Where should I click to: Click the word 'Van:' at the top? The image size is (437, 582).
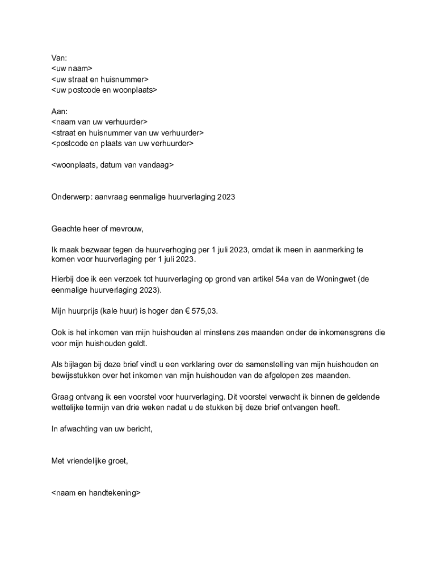click(59, 57)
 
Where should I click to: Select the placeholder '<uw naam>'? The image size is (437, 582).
click(72, 68)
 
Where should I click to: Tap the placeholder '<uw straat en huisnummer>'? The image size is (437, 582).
click(100, 79)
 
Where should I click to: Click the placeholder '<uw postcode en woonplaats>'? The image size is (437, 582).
click(104, 90)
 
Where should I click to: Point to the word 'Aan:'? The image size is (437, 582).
click(59, 111)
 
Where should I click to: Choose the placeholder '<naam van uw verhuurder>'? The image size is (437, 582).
click(99, 122)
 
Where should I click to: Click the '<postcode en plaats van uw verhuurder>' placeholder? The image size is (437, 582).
click(122, 144)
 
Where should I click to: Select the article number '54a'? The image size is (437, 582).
click(292, 279)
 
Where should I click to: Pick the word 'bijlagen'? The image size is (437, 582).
click(79, 364)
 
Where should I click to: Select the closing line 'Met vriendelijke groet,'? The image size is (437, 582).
click(90, 461)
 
